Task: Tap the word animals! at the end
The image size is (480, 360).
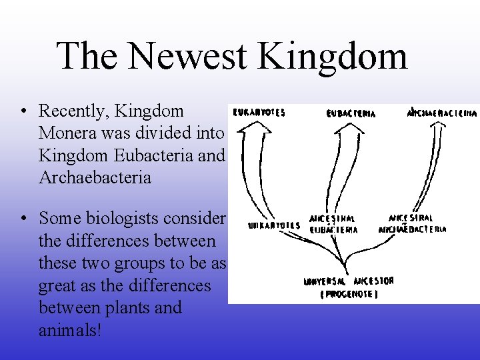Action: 70,331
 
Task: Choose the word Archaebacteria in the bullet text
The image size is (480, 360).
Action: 95,177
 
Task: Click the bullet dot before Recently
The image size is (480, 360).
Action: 23,111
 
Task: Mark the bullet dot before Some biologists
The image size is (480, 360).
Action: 23,219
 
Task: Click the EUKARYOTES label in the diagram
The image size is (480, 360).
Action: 259,113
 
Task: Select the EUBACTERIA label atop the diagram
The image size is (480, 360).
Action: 351,113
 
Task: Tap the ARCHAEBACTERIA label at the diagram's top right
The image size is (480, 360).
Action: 442,113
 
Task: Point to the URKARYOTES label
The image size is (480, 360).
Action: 274,225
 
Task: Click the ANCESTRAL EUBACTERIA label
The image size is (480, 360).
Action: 333,224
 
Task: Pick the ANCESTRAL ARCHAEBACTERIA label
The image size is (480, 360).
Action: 412,223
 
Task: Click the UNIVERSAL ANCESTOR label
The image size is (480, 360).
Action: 349,281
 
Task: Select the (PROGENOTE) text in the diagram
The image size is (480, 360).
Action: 348,294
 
